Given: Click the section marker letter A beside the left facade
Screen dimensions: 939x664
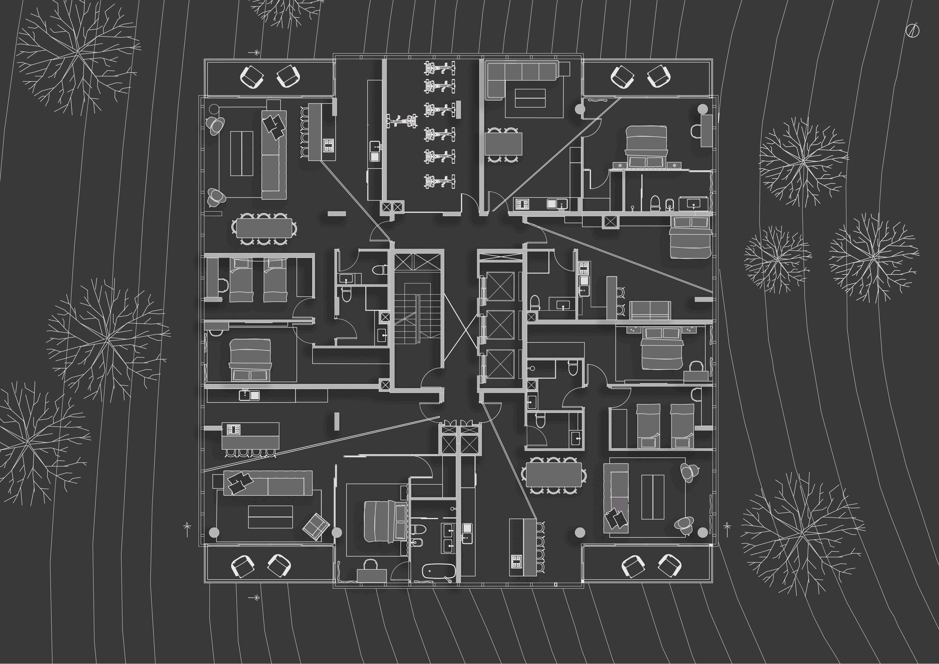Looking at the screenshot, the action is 187,524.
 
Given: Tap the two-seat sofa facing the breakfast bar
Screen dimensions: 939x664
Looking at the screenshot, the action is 650,310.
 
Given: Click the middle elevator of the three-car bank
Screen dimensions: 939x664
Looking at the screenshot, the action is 500,324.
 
